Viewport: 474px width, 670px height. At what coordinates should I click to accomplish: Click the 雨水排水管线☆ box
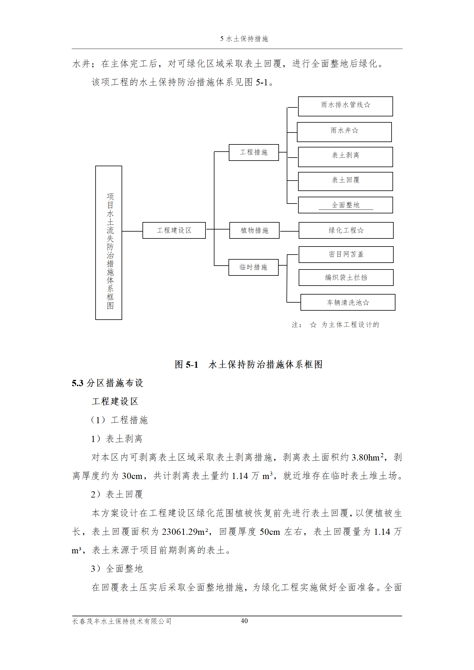click(x=345, y=106)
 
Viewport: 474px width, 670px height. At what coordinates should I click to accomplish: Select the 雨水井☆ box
click(x=344, y=132)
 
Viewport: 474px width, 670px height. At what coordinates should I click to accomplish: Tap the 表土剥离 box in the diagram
click(x=345, y=157)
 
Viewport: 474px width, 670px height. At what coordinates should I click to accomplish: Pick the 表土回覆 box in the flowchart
click(x=345, y=181)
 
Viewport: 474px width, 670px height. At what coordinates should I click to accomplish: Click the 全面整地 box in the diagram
click(x=345, y=205)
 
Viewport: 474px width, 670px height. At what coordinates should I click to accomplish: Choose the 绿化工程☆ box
click(x=346, y=230)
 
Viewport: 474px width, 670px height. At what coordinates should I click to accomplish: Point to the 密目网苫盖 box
click(x=346, y=255)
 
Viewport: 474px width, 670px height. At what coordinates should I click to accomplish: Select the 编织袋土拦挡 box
click(x=346, y=278)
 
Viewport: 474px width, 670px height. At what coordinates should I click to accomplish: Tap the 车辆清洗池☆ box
click(x=348, y=302)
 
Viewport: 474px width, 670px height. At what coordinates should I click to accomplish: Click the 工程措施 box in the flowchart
click(x=254, y=153)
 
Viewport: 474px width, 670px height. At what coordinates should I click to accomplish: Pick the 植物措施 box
click(x=254, y=230)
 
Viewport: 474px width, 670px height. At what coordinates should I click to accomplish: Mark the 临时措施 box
click(x=253, y=267)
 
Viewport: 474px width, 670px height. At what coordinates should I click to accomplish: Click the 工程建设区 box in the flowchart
click(x=174, y=230)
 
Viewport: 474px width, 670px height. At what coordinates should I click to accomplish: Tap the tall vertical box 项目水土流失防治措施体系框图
click(x=108, y=243)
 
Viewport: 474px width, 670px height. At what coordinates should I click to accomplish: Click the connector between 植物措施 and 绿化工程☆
click(x=289, y=231)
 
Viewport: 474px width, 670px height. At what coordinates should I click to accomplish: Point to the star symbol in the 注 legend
click(x=313, y=325)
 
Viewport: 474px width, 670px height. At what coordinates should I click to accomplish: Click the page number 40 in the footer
click(x=244, y=621)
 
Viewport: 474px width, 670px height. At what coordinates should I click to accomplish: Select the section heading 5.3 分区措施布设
click(x=108, y=383)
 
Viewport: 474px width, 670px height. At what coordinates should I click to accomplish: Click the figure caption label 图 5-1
click(x=186, y=364)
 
